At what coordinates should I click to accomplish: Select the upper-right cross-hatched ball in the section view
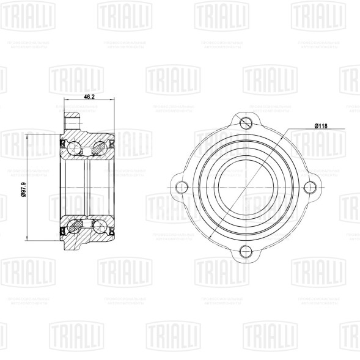coord(98,146)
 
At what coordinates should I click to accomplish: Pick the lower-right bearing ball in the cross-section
coord(98,226)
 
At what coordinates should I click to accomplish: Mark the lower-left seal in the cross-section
coord(64,230)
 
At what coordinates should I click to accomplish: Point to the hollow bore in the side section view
coord(86,186)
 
